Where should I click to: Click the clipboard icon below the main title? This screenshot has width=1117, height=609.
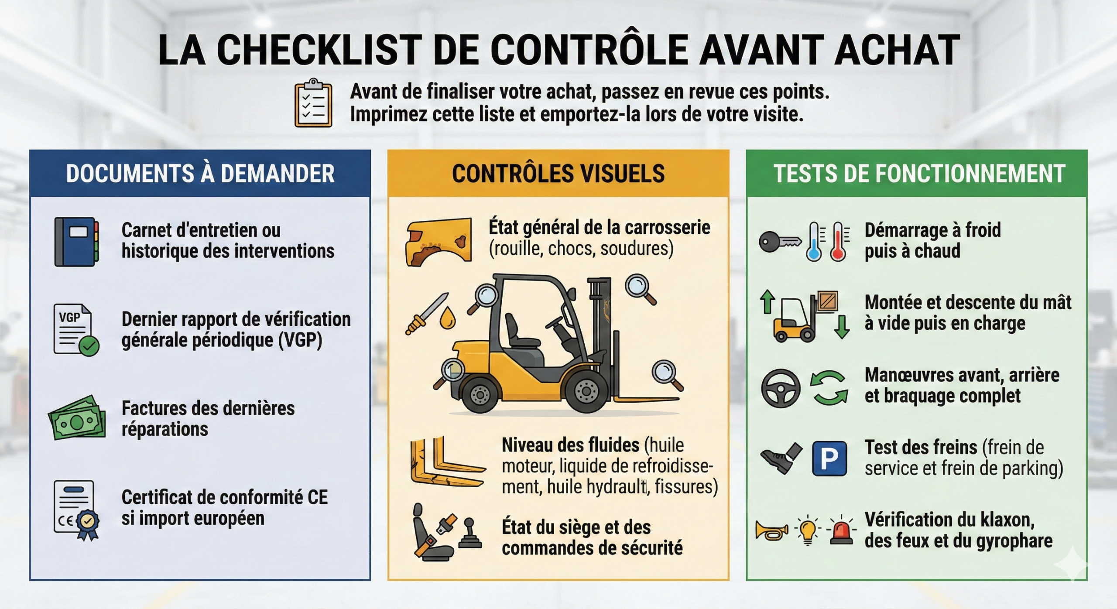[x=313, y=103]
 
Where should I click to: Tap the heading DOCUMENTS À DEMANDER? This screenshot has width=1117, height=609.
[x=200, y=174]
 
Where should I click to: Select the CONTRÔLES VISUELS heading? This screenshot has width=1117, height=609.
[x=558, y=174]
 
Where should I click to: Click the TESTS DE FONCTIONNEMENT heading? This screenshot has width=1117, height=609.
[x=919, y=174]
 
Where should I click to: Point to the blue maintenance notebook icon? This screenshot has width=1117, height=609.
[x=76, y=242]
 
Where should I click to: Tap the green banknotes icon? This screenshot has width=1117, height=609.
[x=77, y=418]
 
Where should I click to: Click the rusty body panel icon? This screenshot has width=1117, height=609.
[x=439, y=242]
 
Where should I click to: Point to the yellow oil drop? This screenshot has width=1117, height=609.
[x=447, y=318]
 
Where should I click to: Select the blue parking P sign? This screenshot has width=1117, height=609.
[x=829, y=458]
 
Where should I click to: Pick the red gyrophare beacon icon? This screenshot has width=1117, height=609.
[x=841, y=531]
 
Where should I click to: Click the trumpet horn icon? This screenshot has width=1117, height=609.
[x=772, y=530]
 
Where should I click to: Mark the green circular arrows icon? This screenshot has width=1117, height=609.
[x=829, y=387]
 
